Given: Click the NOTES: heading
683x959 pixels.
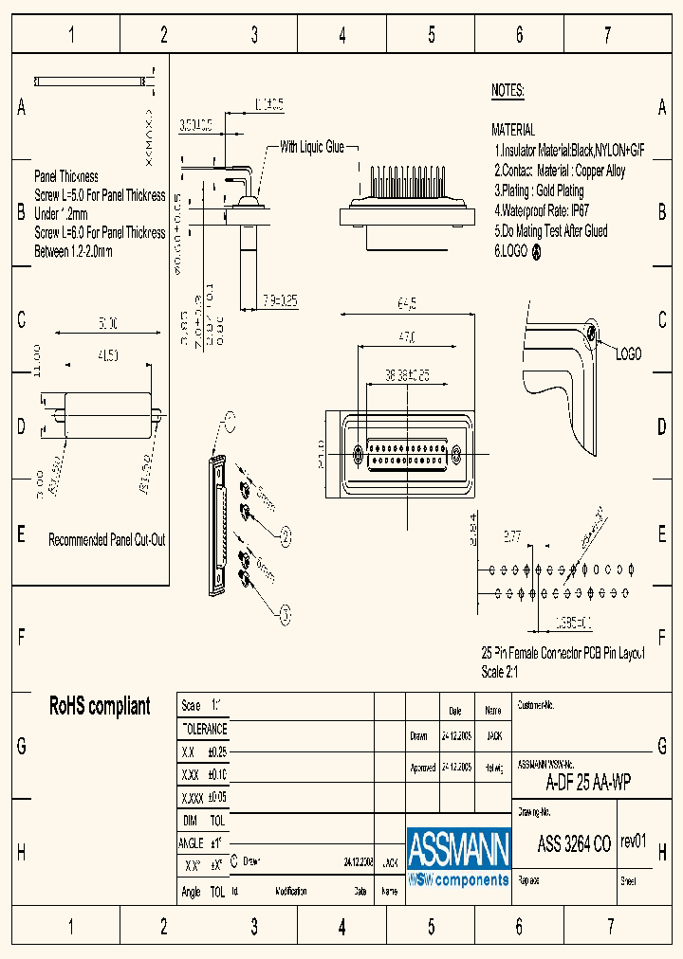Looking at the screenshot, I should click(508, 91).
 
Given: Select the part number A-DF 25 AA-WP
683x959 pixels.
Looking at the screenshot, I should click(588, 783).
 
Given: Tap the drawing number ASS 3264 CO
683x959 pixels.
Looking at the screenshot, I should click(574, 845).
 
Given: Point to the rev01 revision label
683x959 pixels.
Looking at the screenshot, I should click(633, 841).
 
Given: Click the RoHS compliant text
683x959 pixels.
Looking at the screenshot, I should click(100, 706).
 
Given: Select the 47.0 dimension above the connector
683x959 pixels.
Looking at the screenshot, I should click(408, 337).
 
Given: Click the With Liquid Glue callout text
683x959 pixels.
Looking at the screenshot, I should click(312, 147).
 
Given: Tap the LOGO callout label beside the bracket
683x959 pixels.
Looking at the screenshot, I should click(628, 353).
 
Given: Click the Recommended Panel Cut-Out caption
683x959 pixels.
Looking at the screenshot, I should click(107, 539).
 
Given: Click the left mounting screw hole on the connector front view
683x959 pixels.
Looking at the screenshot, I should click(358, 453).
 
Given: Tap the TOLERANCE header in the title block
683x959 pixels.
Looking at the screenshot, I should click(204, 729).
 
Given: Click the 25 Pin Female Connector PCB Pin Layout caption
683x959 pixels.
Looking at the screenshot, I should click(563, 654).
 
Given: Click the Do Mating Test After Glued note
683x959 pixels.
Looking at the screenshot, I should click(551, 230).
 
